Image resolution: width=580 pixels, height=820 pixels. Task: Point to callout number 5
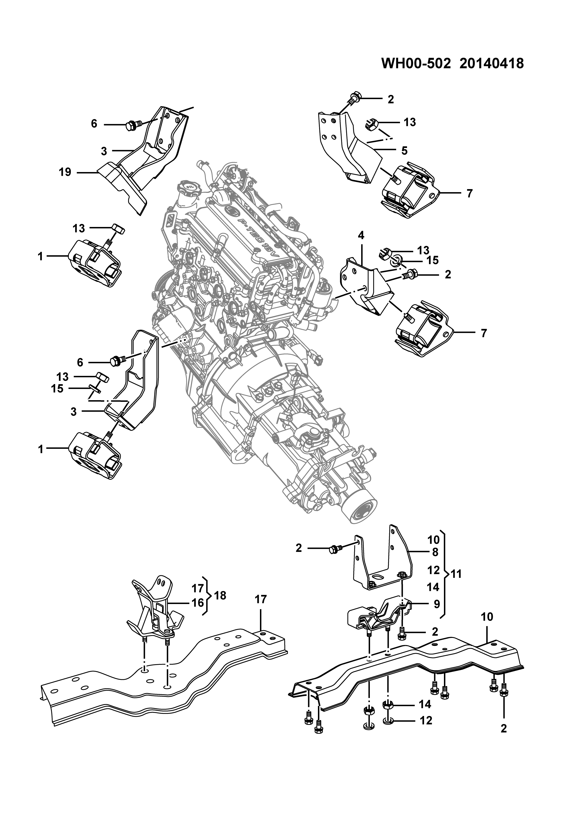(x=404, y=151)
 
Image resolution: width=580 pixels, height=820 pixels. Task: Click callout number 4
(x=361, y=235)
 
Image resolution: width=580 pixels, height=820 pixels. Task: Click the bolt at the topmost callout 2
(x=354, y=97)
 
